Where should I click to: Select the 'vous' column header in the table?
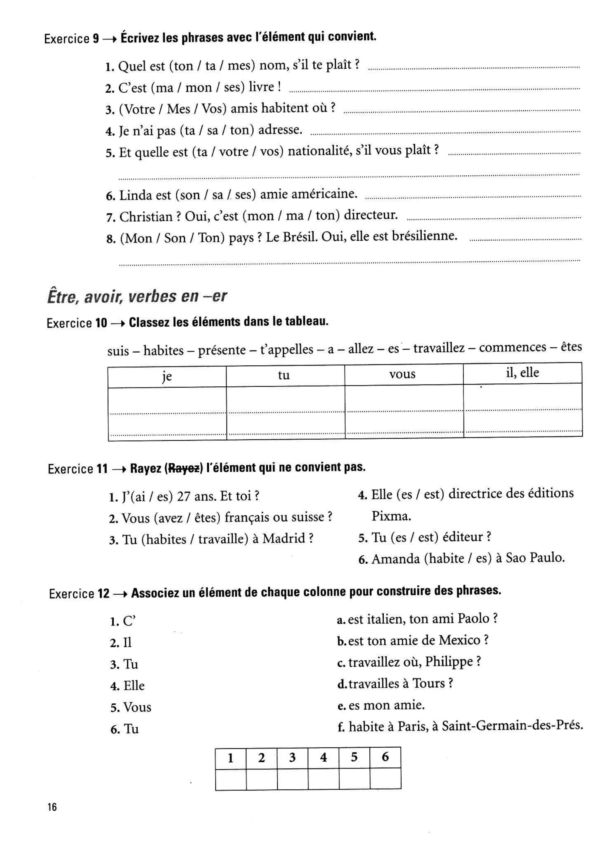point(402,374)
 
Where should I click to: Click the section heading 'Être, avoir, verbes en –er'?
point(137,297)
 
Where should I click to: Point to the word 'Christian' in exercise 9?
point(146,217)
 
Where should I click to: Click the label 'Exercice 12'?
point(79,594)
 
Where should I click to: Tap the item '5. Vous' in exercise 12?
point(131,707)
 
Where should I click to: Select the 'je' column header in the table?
point(167,376)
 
